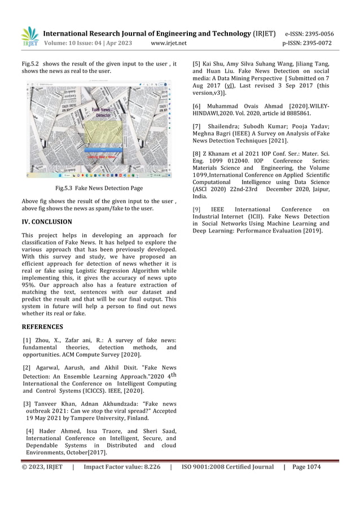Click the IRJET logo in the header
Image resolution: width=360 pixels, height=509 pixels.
tap(29, 37)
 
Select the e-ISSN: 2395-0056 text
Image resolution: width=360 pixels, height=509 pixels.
tap(309, 33)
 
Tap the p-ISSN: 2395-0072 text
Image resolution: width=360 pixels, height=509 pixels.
tap(308, 43)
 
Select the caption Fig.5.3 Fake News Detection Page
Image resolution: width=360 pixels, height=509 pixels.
tap(99, 188)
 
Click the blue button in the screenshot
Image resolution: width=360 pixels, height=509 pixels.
tap(103, 150)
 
